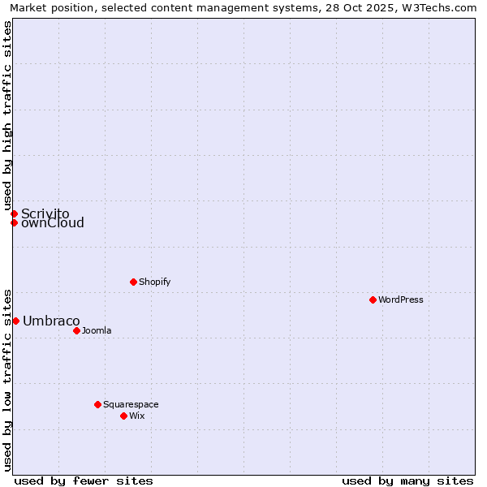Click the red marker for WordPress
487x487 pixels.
[373, 300]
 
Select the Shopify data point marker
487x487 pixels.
[133, 282]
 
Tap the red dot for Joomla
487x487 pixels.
[76, 330]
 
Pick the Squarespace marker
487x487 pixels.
[97, 404]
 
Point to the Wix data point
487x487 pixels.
[123, 416]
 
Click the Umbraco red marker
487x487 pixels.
[15, 321]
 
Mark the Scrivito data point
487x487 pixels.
[14, 213]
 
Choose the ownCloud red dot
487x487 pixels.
[14, 222]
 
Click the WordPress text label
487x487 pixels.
[401, 300]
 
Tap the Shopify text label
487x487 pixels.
[155, 282]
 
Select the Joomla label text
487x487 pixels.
[97, 330]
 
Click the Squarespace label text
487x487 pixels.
[131, 404]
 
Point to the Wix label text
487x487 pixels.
[137, 416]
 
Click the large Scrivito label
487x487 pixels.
[45, 213]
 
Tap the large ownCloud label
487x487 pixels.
[53, 223]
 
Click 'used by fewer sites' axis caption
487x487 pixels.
[84, 481]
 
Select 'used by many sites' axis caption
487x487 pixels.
[407, 481]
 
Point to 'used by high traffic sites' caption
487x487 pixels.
[7, 115]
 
